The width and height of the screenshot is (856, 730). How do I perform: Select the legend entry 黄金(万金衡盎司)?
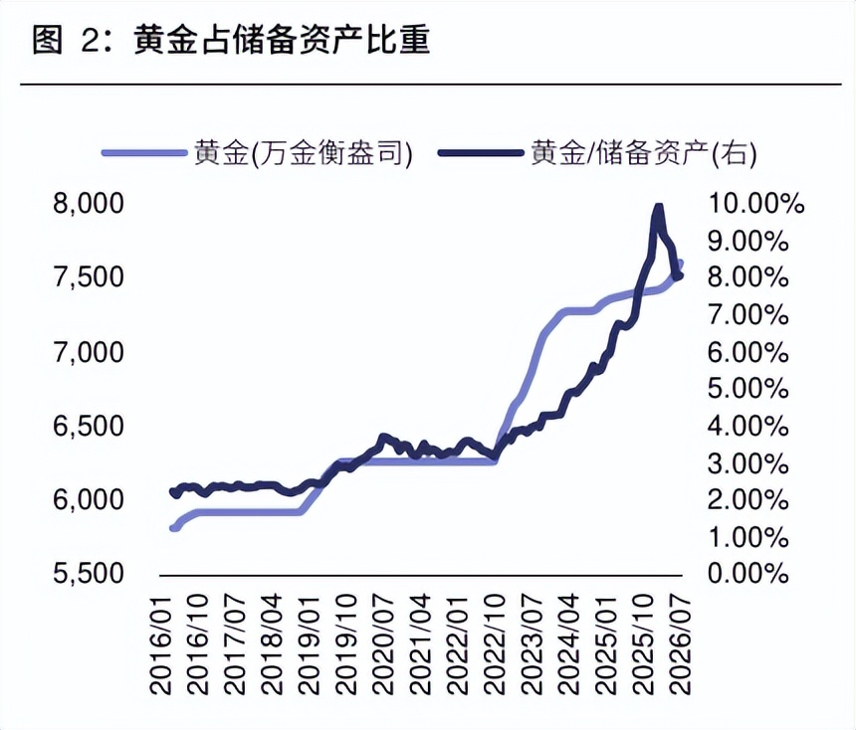[x=304, y=153]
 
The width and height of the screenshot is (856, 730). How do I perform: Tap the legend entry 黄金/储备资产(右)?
[x=644, y=153]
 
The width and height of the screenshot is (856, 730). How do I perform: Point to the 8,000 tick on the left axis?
[x=89, y=204]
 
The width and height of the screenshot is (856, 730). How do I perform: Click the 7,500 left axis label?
[x=89, y=276]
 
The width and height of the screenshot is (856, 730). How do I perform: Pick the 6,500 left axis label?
[x=89, y=426]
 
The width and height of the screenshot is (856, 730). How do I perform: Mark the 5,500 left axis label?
[x=89, y=573]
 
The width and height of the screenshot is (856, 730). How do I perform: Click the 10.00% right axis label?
[x=756, y=204]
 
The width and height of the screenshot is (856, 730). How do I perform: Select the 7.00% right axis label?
[x=749, y=315]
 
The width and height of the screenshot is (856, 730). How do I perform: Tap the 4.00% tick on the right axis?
[x=749, y=426]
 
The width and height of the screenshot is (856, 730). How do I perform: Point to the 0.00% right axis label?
[x=749, y=573]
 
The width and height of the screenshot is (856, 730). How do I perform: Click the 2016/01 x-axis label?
[x=161, y=644]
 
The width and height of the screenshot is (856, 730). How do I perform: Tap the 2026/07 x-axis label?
[x=680, y=644]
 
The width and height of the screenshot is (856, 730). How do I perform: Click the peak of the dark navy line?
[x=658, y=206]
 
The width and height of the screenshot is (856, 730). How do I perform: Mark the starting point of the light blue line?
[x=173, y=527]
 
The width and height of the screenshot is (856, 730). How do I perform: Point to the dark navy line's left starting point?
[x=173, y=492]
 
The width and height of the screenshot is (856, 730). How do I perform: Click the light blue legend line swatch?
[x=144, y=153]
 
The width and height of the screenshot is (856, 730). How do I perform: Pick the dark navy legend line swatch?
[x=481, y=153]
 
